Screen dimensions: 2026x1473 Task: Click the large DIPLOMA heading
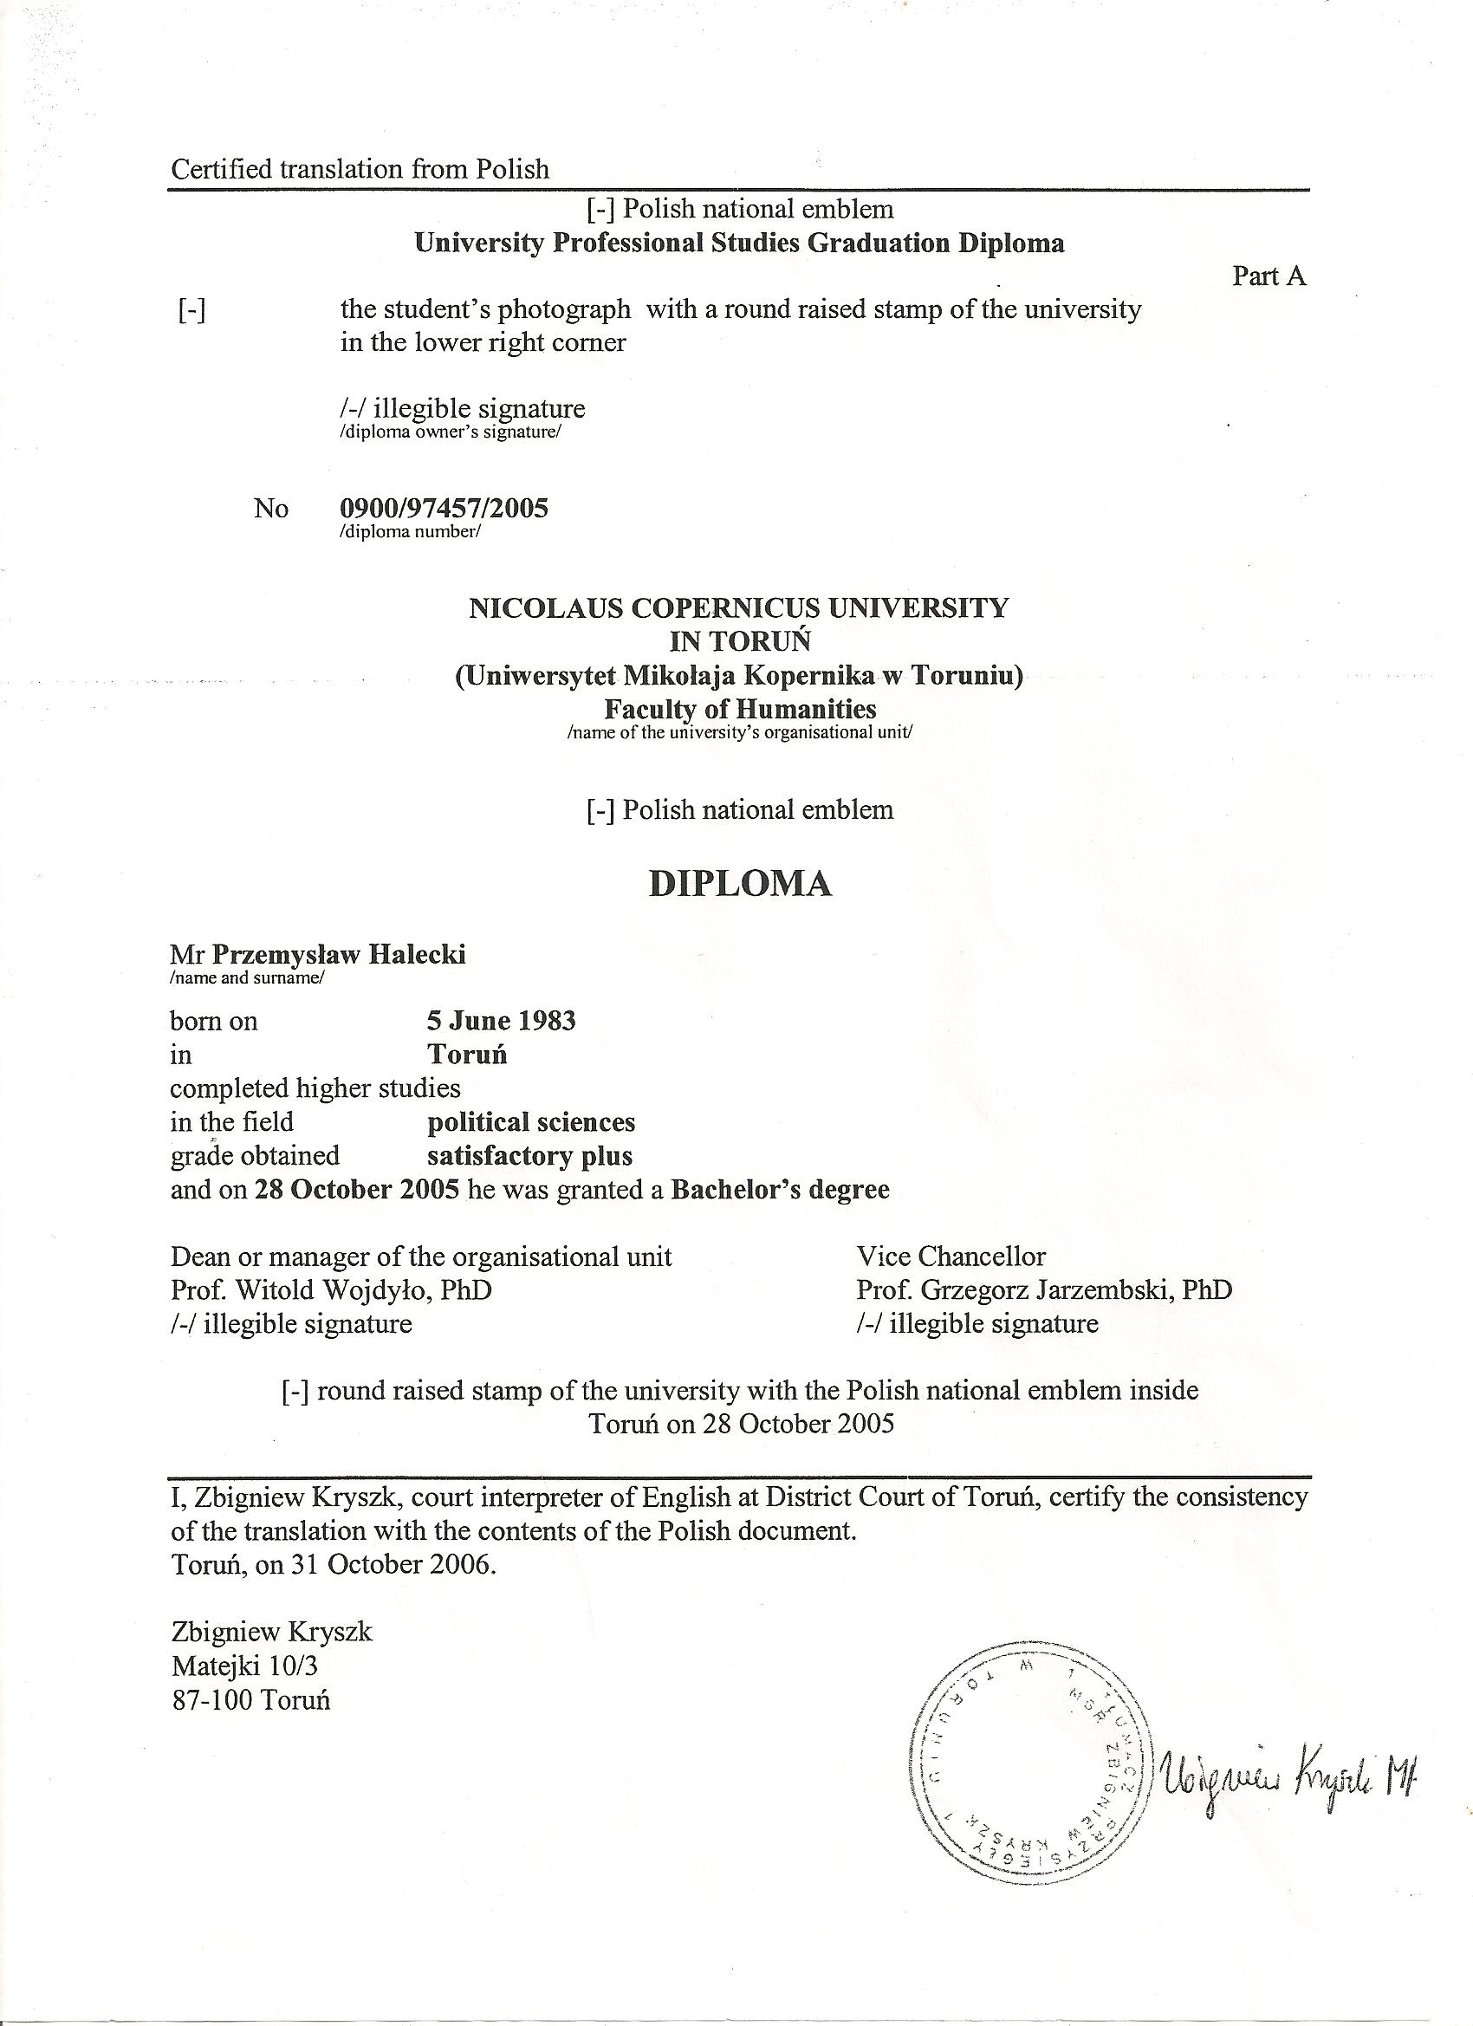coord(740,884)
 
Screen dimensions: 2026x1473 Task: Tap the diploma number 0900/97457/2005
coord(444,509)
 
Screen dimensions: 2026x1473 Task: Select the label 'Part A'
coord(1269,276)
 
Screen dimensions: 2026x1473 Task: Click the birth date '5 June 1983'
coord(501,1020)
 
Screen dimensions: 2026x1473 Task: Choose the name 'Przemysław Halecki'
coord(339,955)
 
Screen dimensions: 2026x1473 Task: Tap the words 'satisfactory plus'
coord(529,1156)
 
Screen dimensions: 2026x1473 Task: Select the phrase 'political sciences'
coord(530,1122)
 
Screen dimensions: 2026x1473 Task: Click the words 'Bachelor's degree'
coord(780,1190)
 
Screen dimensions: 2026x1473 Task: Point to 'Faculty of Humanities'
coord(740,710)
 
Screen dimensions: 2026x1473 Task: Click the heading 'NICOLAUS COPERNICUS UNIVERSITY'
coord(739,608)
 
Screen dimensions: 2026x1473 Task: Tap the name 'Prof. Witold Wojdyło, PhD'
coord(330,1290)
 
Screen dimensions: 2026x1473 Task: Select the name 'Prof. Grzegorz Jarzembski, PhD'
coord(1043,1290)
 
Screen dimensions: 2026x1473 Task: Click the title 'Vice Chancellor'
coord(951,1257)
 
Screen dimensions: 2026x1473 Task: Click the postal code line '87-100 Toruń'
coord(250,1699)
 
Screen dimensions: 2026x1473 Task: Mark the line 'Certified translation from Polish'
coord(359,169)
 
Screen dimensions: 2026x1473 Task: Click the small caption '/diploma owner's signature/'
coord(451,433)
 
